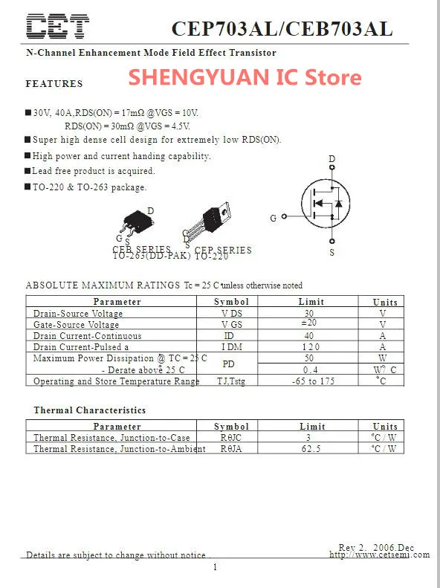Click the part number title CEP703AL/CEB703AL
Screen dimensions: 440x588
coord(282,28)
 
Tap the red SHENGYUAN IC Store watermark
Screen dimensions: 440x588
coord(245,77)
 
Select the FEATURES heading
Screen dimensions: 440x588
coord(54,84)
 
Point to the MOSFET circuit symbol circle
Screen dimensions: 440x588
coord(325,201)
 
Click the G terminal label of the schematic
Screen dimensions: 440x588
coord(274,218)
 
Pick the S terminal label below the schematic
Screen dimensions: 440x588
coord(331,253)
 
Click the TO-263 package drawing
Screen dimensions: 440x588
coord(137,224)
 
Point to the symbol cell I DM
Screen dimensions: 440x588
coord(231,347)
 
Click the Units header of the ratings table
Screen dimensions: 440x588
coord(384,302)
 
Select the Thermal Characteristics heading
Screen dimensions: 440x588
coord(89,410)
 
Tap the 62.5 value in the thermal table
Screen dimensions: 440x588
coord(311,449)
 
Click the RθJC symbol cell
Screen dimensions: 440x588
coord(231,438)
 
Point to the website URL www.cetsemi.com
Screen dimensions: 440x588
coord(379,555)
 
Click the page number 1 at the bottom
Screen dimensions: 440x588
coord(215,568)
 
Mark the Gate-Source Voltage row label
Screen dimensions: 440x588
coord(76,325)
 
